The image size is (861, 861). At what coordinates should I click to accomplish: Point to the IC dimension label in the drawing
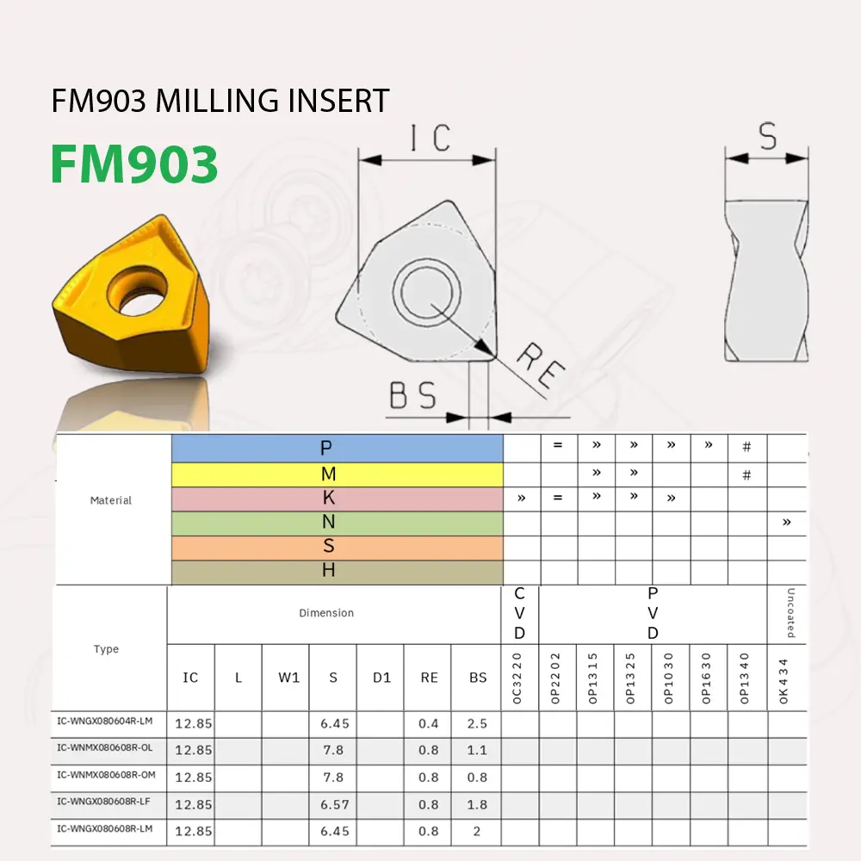[x=430, y=138]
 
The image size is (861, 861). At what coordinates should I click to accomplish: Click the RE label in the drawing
[x=541, y=364]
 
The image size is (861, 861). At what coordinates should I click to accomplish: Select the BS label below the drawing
[x=413, y=396]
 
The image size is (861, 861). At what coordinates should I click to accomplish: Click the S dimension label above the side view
[x=767, y=137]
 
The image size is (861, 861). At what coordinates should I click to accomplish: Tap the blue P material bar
[x=337, y=448]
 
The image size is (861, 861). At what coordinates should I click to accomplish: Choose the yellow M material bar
[x=337, y=474]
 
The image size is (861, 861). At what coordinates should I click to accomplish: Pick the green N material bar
[x=337, y=523]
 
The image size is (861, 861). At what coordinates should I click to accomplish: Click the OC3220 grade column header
[x=518, y=678]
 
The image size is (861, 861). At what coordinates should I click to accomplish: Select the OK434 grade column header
[x=784, y=678]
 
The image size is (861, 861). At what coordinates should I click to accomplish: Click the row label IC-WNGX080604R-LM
[x=106, y=721]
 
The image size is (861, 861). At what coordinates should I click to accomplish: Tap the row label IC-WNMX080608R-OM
[x=106, y=775]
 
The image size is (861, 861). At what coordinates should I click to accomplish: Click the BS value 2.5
[x=477, y=723]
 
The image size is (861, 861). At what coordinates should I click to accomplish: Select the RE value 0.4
[x=429, y=723]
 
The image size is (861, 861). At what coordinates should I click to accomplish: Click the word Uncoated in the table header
[x=790, y=613]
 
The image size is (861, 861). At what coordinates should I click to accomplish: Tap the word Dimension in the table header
[x=326, y=613]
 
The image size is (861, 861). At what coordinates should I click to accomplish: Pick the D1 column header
[x=381, y=678]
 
